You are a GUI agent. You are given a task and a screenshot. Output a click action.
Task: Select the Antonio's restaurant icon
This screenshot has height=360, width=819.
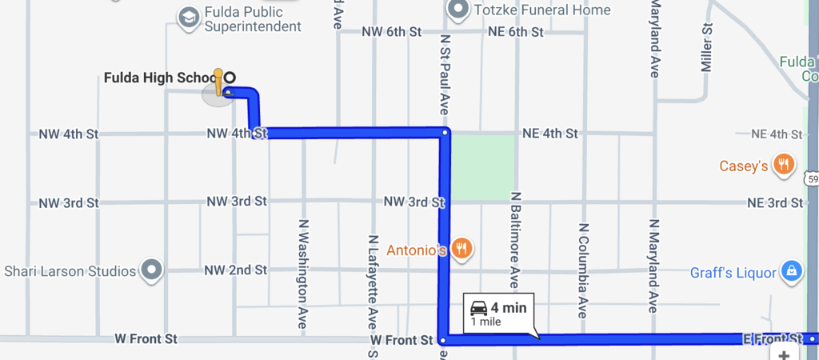461,249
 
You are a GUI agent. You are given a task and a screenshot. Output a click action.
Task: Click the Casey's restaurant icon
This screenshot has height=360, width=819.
785,166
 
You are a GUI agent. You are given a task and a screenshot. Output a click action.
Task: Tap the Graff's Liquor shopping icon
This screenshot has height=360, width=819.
790,271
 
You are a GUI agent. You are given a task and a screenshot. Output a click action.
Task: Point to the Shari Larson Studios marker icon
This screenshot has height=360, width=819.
152,270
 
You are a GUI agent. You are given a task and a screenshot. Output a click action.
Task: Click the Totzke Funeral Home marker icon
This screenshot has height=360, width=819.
458,10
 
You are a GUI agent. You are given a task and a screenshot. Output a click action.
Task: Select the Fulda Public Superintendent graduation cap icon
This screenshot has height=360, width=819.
189,18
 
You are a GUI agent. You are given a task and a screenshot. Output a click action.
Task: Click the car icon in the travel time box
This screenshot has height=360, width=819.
478,308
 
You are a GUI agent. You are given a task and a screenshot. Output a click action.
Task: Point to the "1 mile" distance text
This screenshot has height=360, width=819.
485,322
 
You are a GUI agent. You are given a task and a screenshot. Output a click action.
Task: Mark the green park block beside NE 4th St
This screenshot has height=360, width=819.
483,166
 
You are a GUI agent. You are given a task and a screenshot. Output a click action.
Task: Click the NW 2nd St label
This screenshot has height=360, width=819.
235,270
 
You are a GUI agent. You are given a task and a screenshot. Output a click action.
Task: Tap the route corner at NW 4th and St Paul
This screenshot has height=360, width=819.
444,131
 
